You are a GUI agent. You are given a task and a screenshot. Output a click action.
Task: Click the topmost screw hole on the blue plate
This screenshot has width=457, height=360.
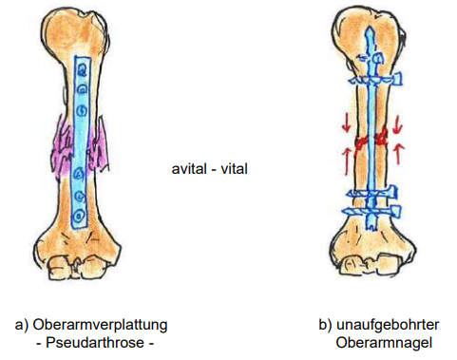pos(83,69)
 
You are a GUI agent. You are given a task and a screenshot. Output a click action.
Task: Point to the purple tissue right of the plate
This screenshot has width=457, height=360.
pos(100,147)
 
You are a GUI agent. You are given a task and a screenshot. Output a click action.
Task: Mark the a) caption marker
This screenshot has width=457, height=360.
pos(21,324)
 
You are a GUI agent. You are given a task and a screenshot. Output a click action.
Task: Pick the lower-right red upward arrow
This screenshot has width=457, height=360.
pos(396,152)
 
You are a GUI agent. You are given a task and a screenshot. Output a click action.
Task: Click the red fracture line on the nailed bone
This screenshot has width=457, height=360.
pos(371,141)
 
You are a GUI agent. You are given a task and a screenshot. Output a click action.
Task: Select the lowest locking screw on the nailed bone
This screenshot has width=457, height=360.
pos(372,213)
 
